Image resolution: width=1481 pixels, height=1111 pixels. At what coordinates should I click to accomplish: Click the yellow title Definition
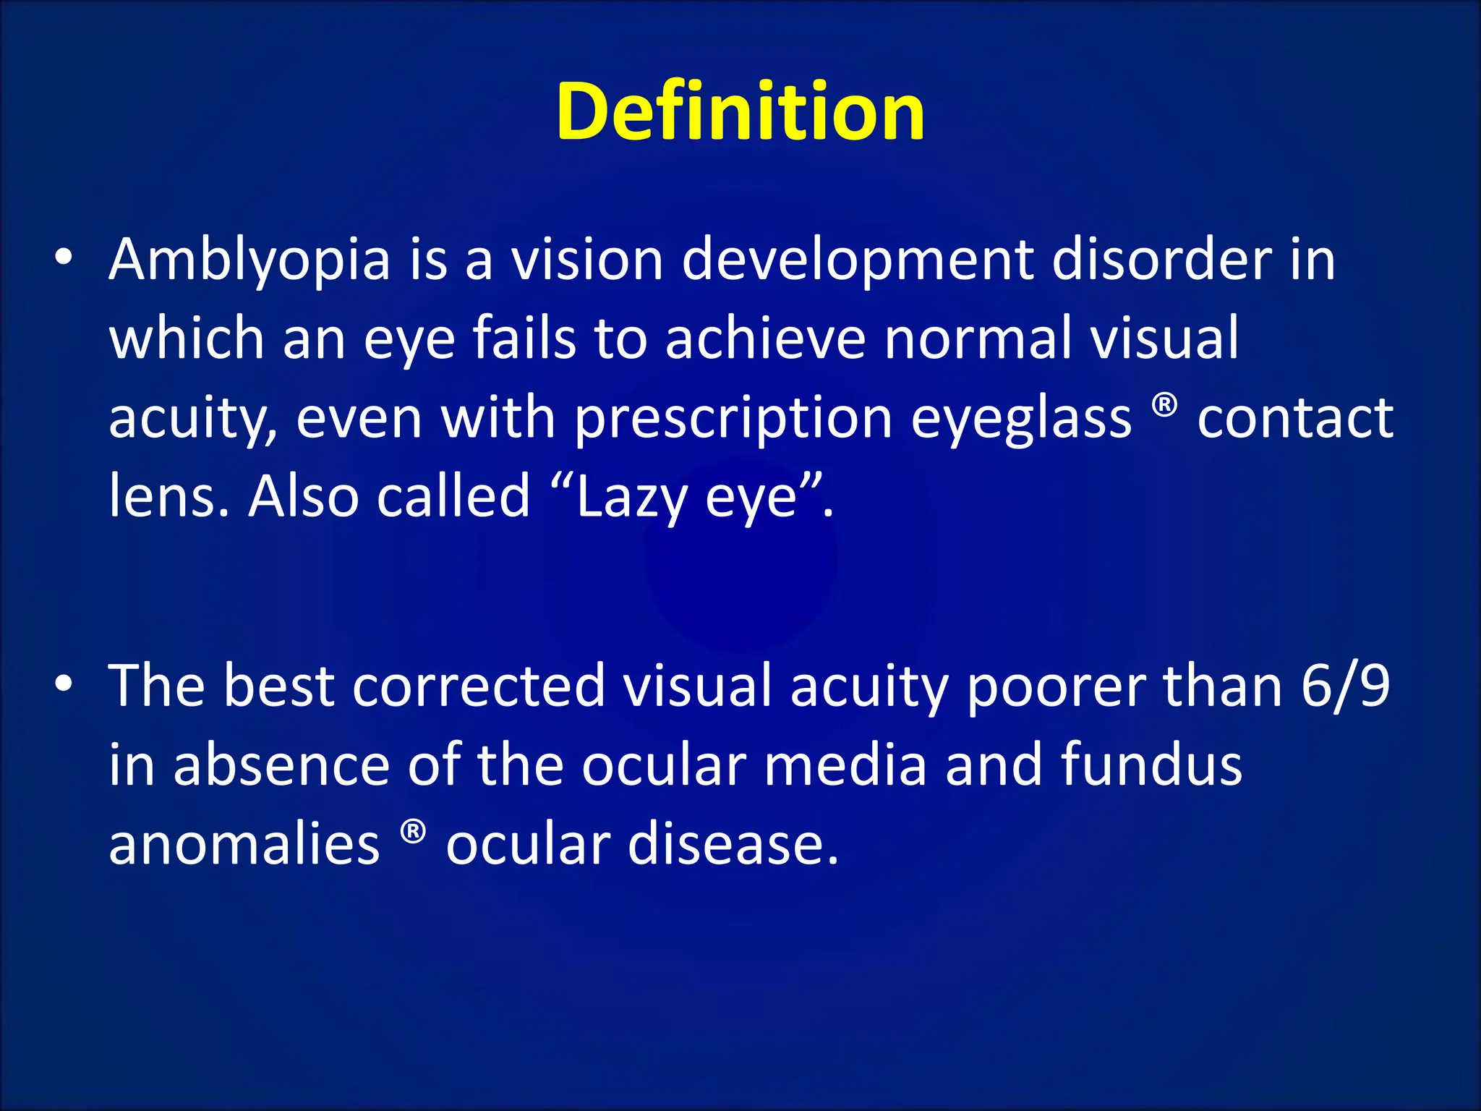coord(740,112)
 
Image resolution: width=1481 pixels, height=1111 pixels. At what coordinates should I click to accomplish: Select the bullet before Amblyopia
coord(64,257)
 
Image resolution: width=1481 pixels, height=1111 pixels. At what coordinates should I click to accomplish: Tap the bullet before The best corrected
coord(64,684)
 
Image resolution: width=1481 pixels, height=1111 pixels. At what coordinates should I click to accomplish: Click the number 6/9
coord(1345,686)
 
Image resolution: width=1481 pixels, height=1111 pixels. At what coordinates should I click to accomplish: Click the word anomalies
coord(244,845)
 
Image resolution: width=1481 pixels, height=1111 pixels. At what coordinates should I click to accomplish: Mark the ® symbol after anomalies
coord(413,832)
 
